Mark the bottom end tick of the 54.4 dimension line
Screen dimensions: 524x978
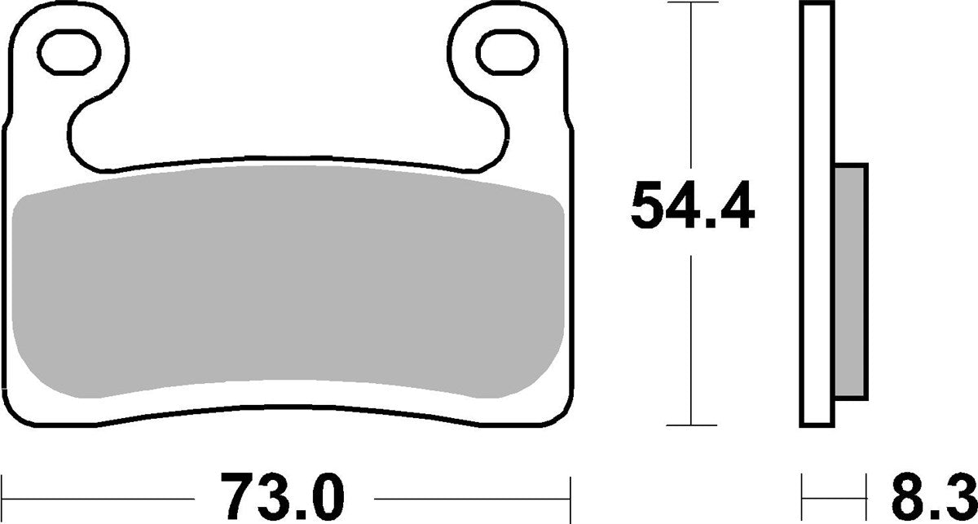pyautogui.click(x=691, y=425)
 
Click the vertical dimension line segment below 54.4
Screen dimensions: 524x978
pyautogui.click(x=691, y=342)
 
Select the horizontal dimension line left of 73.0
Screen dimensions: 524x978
pyautogui.click(x=98, y=495)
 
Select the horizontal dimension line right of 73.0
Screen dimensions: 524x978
pyautogui.click(x=473, y=495)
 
